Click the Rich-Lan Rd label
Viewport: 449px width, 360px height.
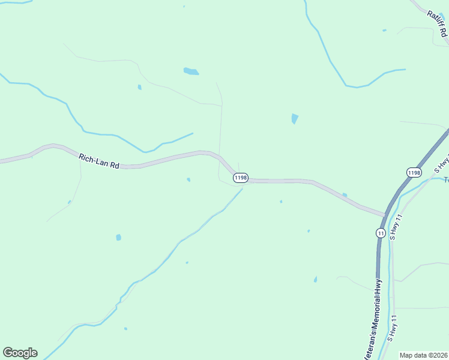[x=98, y=161]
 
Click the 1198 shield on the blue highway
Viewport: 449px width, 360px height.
[x=413, y=172]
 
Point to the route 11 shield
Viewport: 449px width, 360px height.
[x=381, y=233]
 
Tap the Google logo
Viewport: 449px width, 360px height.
[x=20, y=353]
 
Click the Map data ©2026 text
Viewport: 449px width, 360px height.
[x=423, y=355]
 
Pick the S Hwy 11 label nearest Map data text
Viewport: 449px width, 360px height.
[x=393, y=328]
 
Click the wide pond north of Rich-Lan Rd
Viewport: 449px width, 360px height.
[x=191, y=71]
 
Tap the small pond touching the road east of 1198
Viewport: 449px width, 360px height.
[x=344, y=194]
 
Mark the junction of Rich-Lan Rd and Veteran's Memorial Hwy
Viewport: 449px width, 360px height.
[x=384, y=214]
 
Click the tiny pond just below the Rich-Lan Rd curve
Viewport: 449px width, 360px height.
[x=188, y=179]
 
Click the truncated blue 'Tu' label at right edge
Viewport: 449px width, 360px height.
[x=446, y=179]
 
